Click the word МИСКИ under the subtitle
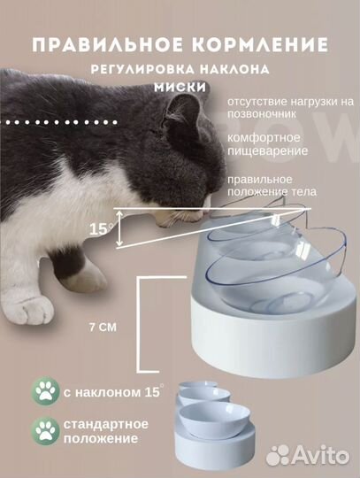[180, 87]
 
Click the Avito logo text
[321, 455]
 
